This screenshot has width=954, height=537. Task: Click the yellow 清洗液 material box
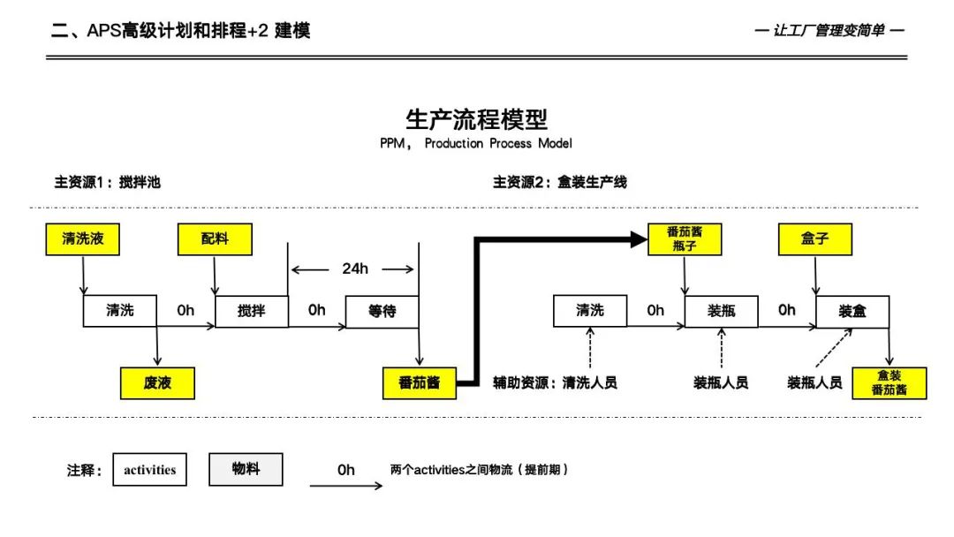82,238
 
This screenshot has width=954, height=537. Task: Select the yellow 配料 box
215,238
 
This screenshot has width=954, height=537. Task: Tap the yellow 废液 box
157,383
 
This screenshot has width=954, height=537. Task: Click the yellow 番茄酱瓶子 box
685,238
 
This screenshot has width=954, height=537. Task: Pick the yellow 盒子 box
815,238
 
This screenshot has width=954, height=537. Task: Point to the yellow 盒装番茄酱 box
890,383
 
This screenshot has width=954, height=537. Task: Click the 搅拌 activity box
252,311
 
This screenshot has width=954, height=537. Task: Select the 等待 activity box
382,311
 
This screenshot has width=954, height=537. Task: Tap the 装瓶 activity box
721,311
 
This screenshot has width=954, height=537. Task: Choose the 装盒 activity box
852,311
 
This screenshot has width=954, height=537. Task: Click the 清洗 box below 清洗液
119,311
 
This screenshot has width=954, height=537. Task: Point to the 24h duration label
355,268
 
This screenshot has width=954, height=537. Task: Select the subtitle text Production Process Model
498,143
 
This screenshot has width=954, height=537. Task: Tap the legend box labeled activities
149,470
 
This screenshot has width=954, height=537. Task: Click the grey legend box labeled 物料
246,469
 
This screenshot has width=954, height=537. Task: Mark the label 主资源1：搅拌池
107,183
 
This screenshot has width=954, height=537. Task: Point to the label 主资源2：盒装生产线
559,183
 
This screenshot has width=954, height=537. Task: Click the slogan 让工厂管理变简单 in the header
829,31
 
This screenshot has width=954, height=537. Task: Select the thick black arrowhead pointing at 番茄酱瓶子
639,238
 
